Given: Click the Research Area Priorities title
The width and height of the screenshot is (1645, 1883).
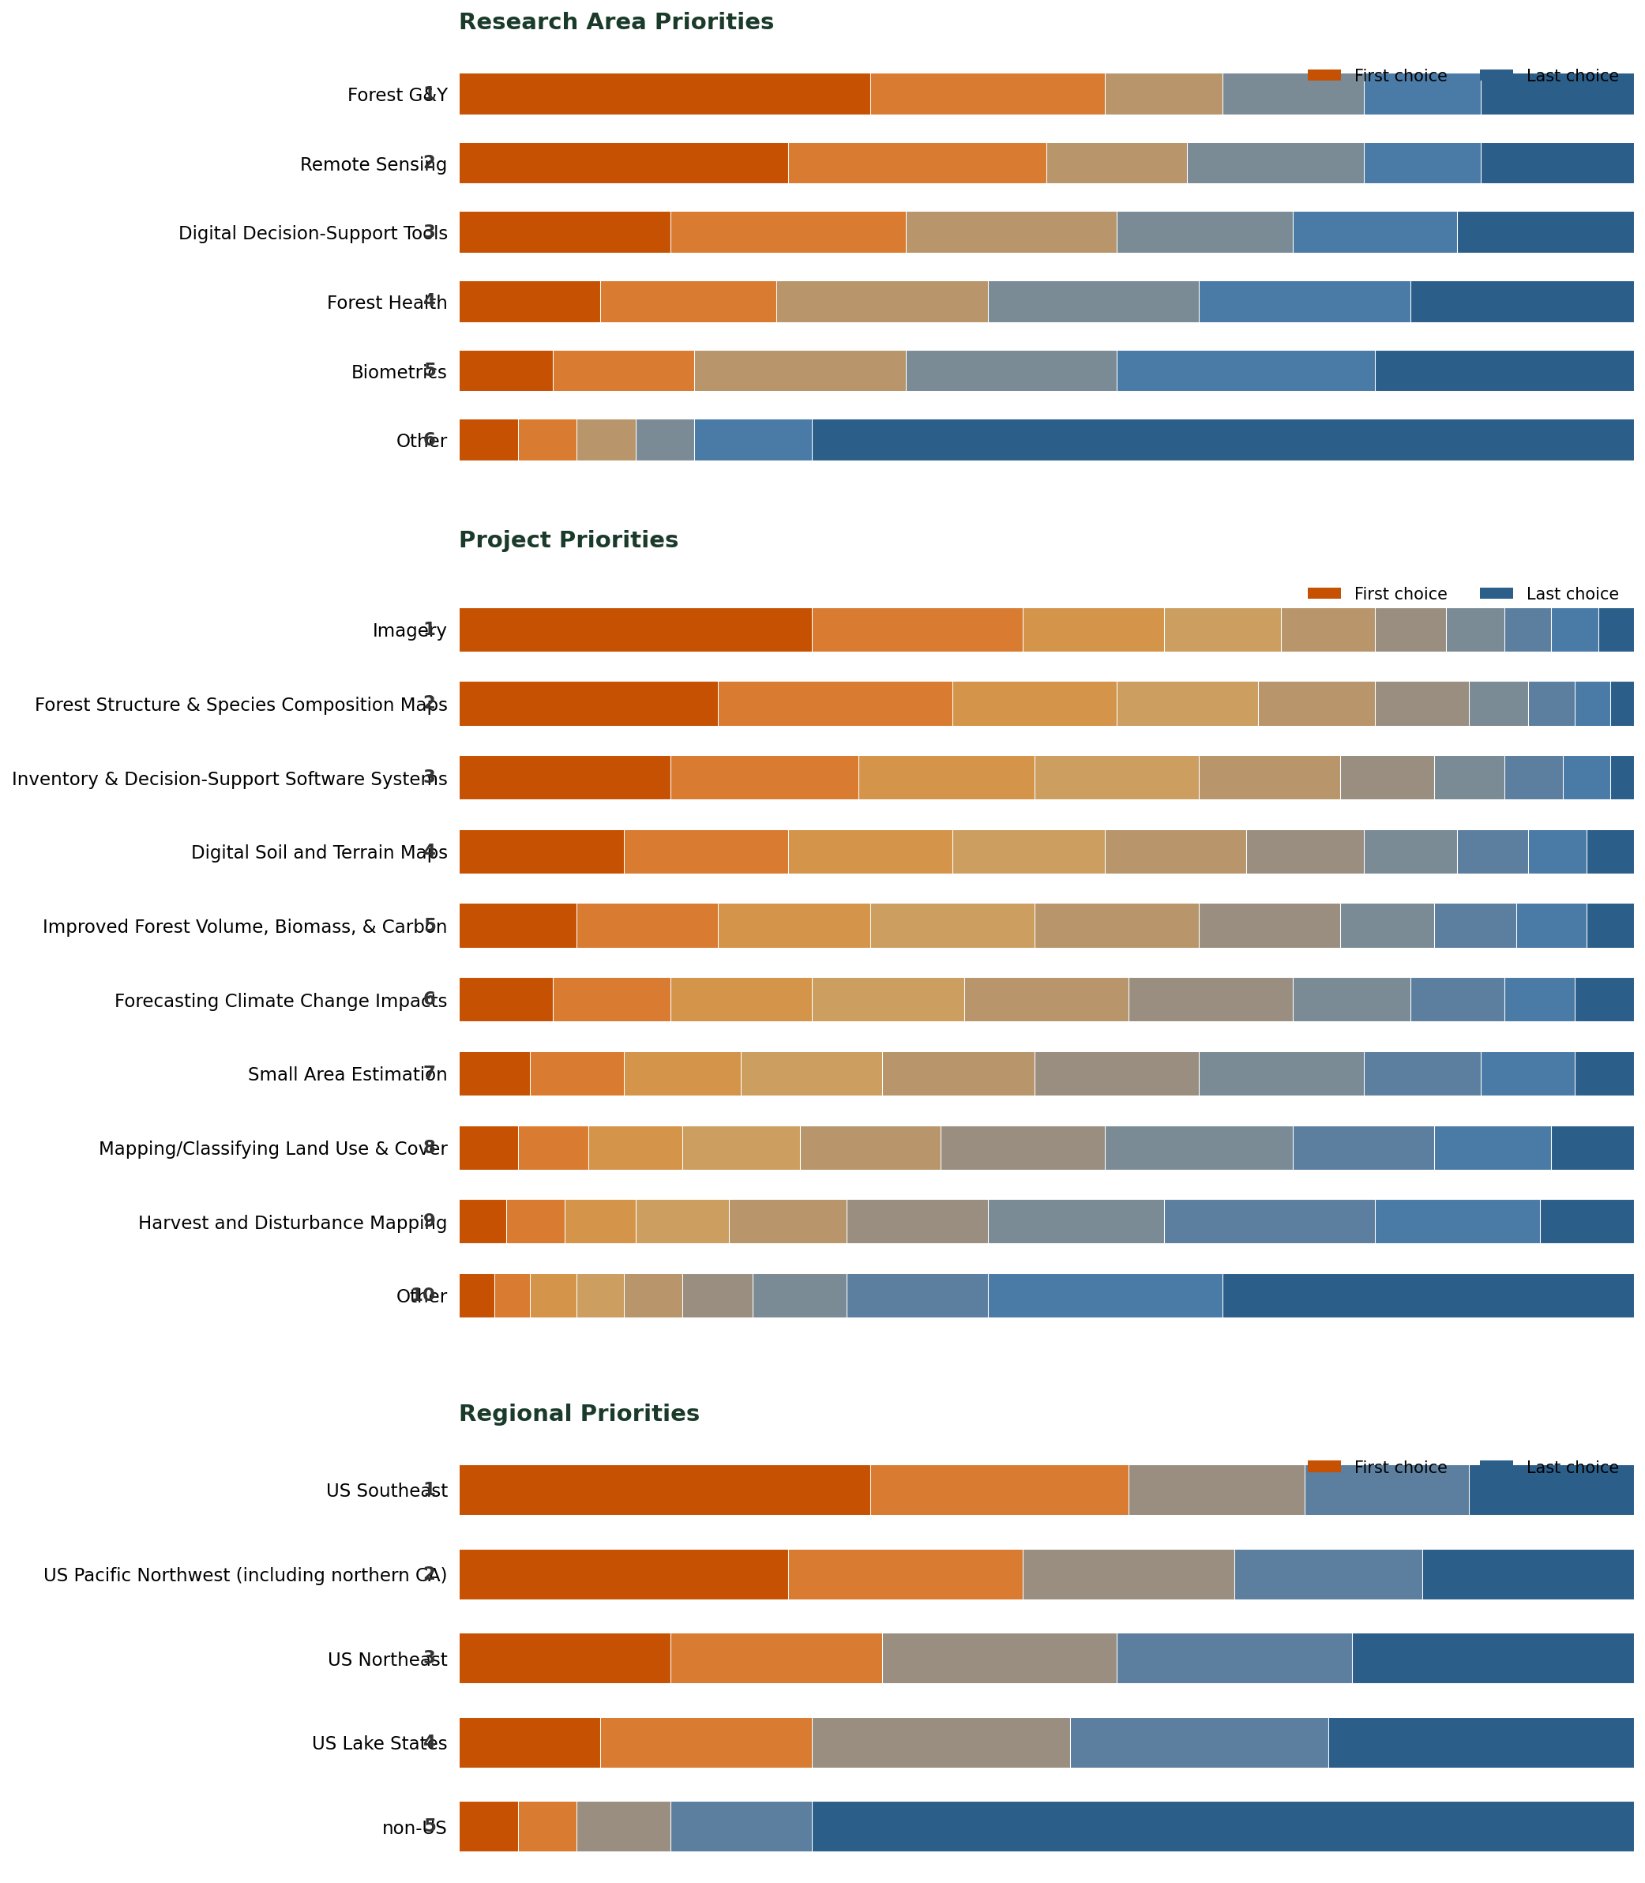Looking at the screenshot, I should pos(616,22).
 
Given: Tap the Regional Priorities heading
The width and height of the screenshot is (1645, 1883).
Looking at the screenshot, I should pos(578,1414).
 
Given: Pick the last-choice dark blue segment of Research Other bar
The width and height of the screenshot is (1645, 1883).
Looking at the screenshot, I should pos(1222,440).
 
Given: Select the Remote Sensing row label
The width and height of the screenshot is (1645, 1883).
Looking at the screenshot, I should pos(373,164).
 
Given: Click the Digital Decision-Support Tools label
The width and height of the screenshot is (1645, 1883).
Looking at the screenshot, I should pos(312,233).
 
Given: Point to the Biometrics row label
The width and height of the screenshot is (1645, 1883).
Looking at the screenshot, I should pos(398,372).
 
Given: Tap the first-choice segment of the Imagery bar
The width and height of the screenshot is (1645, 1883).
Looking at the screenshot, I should pos(634,630).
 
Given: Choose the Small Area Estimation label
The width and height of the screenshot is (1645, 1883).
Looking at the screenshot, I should pos(347,1074).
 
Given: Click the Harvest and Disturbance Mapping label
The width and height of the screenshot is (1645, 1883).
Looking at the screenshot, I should pos(292,1223).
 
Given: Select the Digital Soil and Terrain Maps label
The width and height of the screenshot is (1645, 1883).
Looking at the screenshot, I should pos(318,852).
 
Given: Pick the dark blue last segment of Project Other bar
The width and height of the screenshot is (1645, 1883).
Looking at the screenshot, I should pos(1428,1295).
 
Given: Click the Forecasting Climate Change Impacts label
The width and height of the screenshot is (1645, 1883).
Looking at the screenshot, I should pos(280,1001).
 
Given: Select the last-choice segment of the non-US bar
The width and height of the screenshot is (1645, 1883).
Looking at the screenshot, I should pos(1222,1827).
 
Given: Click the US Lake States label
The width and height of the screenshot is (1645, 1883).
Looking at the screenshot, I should pos(379,1743).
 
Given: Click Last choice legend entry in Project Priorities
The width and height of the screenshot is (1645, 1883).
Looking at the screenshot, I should pos(1571,594).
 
